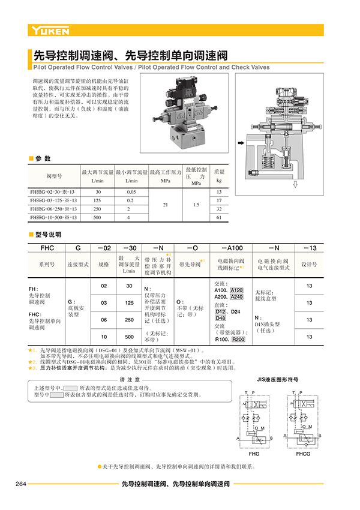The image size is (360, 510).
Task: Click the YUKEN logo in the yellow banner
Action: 50,30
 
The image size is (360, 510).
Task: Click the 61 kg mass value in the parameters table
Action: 219,217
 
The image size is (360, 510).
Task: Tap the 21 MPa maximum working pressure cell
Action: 165,204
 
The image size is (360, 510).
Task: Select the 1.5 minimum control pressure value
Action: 196,204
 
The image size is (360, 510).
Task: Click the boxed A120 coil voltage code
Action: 237,290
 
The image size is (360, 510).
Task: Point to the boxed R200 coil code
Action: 238,340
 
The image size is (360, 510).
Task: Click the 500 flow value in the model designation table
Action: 129,337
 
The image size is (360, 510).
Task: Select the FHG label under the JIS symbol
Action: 254,454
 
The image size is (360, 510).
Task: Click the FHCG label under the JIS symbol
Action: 303,454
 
